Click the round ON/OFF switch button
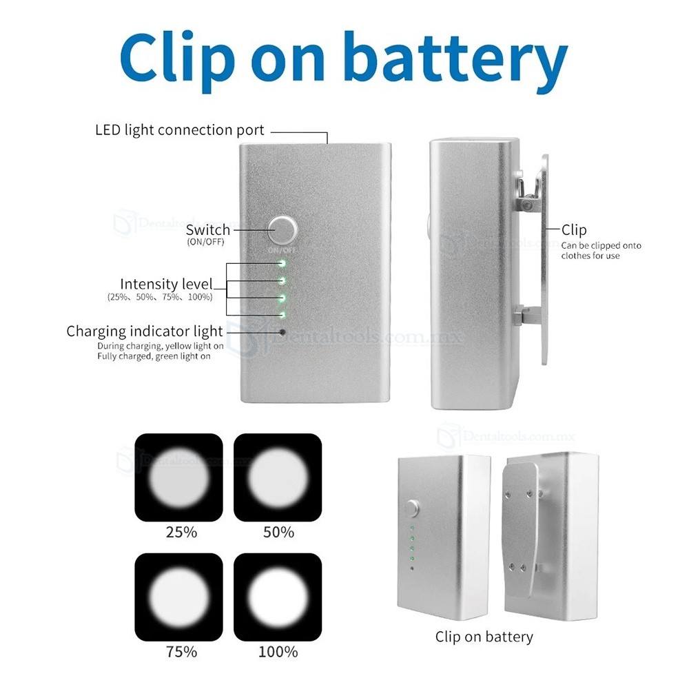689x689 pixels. click(x=282, y=230)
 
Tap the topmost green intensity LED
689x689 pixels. click(x=282, y=264)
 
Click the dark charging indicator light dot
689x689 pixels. click(x=282, y=332)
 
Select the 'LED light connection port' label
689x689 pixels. click(x=180, y=130)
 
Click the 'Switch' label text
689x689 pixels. click(x=208, y=229)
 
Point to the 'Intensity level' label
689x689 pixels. click(x=166, y=284)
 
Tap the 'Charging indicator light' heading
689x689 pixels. click(x=145, y=331)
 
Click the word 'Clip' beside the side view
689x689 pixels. click(x=574, y=230)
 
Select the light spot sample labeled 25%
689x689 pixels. click(x=179, y=477)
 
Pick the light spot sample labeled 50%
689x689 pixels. click(x=278, y=477)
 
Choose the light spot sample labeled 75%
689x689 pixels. click(x=179, y=597)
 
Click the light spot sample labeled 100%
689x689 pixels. click(x=278, y=597)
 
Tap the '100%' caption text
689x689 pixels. click(x=278, y=652)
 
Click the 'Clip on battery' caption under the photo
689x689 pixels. click(x=484, y=637)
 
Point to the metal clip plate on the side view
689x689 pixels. click(x=545, y=259)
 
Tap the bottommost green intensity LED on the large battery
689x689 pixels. click(x=282, y=315)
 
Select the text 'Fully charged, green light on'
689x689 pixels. click(x=154, y=356)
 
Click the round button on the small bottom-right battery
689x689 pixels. click(x=413, y=508)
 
